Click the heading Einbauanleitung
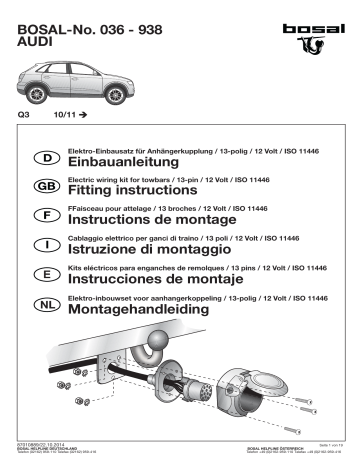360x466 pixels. [122, 161]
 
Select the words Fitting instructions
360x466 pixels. [132, 190]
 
